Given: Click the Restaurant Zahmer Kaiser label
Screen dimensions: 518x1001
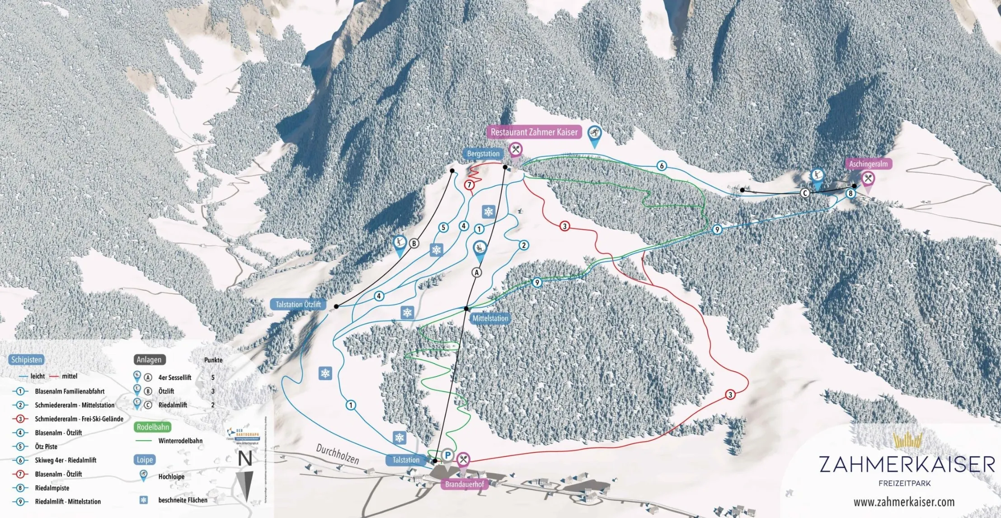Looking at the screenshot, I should pos(534,132).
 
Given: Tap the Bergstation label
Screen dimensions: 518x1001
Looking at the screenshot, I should pos(483,154).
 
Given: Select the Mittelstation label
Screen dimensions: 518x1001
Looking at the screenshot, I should pos(490,318).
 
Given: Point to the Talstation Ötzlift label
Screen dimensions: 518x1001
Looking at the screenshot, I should pos(298,304).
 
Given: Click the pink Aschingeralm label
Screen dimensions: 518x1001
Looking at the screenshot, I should pos(868,164).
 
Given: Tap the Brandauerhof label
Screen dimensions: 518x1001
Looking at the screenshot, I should pos(464,484).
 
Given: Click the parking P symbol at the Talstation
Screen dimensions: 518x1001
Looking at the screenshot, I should pos(447,455).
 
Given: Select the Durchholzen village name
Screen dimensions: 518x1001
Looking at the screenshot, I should pos(337,453).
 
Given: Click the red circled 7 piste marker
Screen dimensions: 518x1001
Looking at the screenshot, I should pos(470,185).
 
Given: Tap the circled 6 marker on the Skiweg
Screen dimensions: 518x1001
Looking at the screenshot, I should pos(662,166).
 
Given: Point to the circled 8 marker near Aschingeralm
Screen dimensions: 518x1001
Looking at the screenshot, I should pos(851,193).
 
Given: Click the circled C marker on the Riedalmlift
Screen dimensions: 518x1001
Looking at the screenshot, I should pos(805,193).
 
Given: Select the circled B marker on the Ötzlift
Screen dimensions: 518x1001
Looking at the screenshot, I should pos(414,244).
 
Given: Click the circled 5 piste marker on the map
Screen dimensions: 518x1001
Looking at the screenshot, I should pos(443,227).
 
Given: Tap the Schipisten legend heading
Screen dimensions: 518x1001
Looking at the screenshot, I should pos(27,360).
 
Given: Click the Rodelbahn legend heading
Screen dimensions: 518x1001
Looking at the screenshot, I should pos(153,427).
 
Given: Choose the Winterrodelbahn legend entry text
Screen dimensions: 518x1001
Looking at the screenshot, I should pos(180,441).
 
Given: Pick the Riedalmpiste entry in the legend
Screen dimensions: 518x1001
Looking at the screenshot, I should pos(52,488).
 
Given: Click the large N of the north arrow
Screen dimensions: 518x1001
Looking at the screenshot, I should pos(245,459).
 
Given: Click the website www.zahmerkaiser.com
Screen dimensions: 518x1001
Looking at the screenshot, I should pos(904,502).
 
